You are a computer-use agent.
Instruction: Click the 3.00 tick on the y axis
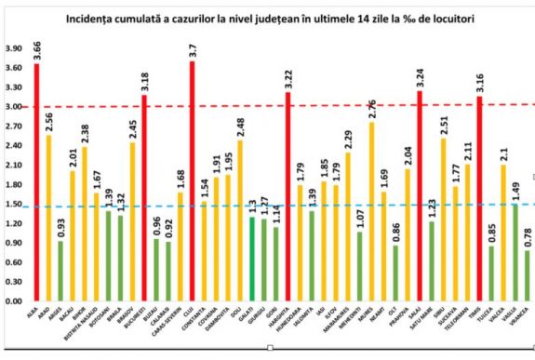coord(14,107)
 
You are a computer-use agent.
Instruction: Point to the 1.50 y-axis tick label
coord(14,205)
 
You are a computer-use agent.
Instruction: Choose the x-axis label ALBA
coord(34,315)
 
